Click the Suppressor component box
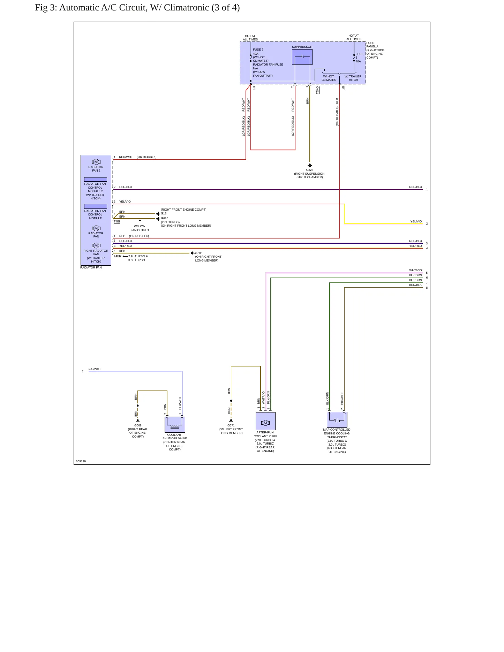302,57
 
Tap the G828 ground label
310,170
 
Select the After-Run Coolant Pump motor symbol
265,423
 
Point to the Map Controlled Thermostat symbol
337,419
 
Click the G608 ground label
138,425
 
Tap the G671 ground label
231,425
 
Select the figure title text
137,8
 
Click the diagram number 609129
81,461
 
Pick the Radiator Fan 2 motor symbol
96,162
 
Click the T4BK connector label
118,256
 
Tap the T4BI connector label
117,221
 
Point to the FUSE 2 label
258,50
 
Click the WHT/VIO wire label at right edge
415,270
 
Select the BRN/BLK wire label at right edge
415,285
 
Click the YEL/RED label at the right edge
415,246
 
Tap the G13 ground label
164,213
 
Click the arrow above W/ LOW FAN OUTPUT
140,222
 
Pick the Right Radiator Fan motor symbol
96,245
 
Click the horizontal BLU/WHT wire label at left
94,369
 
